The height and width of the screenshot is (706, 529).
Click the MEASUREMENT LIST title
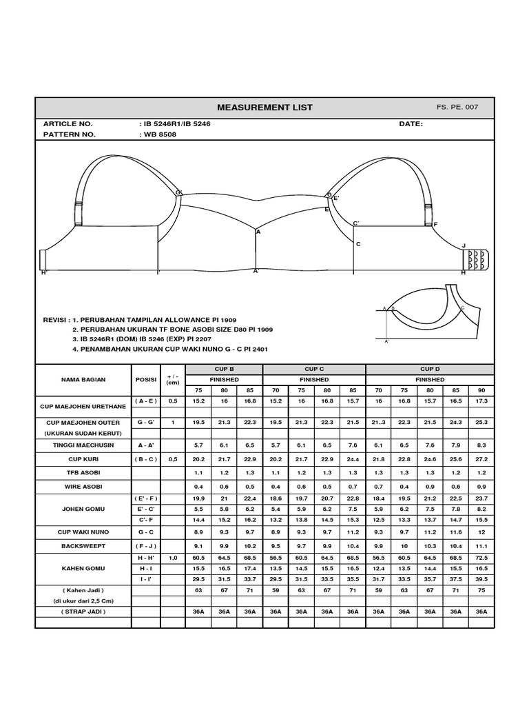point(264,108)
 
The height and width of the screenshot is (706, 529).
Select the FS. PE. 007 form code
point(457,108)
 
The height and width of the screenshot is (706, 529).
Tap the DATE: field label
point(411,124)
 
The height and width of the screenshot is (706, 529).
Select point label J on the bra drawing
point(464,246)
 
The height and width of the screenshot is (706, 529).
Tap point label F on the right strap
point(435,225)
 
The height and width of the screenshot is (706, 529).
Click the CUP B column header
point(224,370)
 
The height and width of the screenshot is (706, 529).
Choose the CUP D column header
point(430,370)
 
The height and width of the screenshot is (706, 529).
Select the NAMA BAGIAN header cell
point(83,379)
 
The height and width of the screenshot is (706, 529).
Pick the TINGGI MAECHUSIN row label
point(83,445)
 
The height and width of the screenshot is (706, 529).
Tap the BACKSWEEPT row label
point(83,545)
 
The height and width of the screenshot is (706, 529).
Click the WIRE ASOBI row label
point(83,487)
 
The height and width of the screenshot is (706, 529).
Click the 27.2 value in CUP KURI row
point(481,458)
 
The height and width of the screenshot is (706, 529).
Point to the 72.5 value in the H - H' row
point(481,557)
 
